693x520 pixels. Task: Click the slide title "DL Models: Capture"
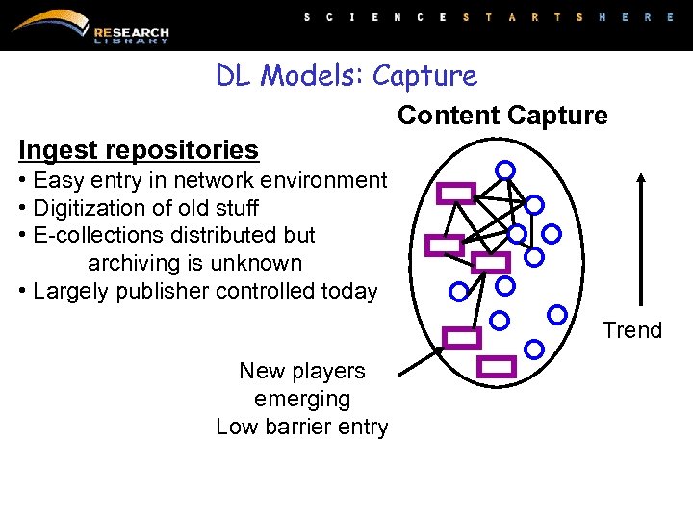[346, 75]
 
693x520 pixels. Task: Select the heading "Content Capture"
[502, 116]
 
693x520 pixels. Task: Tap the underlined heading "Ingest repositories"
[139, 150]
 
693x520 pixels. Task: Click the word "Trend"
[632, 330]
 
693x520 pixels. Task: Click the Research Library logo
[91, 27]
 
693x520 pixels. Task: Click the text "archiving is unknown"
[194, 263]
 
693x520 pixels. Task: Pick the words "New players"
[302, 371]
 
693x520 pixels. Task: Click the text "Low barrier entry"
[302, 427]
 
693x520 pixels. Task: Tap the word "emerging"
[302, 399]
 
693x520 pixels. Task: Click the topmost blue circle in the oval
[504, 169]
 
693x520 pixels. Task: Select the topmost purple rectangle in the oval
[455, 193]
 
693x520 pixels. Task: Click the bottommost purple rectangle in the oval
[497, 366]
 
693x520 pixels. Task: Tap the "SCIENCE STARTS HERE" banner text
[489, 17]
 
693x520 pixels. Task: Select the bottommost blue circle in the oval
[534, 349]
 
